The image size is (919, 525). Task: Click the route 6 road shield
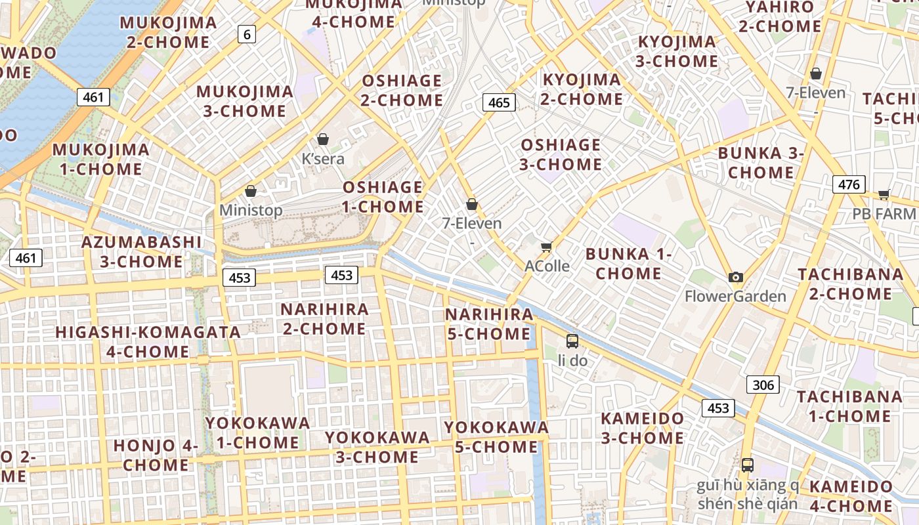click(x=246, y=34)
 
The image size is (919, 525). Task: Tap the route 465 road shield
click(x=499, y=102)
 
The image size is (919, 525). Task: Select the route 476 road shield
click(x=849, y=184)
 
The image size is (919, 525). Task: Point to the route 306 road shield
click(x=763, y=385)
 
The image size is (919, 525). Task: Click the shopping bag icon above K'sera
click(x=323, y=139)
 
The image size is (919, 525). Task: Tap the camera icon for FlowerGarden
click(x=736, y=277)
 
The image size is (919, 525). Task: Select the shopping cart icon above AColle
click(x=546, y=247)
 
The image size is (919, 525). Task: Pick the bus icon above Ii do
click(x=572, y=341)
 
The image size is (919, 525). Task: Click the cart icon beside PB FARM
click(x=884, y=194)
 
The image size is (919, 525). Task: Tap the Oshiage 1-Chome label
click(x=383, y=197)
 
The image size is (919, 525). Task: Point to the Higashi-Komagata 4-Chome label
click(x=148, y=341)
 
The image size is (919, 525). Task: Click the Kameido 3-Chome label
click(x=643, y=428)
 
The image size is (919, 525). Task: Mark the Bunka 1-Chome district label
click(x=628, y=263)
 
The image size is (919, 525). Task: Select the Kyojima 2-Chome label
click(x=582, y=89)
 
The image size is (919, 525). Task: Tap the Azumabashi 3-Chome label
click(x=141, y=251)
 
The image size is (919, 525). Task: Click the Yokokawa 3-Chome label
click(x=377, y=447)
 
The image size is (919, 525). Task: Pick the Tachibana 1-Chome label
click(x=849, y=406)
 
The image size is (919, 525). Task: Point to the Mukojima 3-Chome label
click(x=244, y=101)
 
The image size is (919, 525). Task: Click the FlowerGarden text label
click(x=735, y=296)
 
